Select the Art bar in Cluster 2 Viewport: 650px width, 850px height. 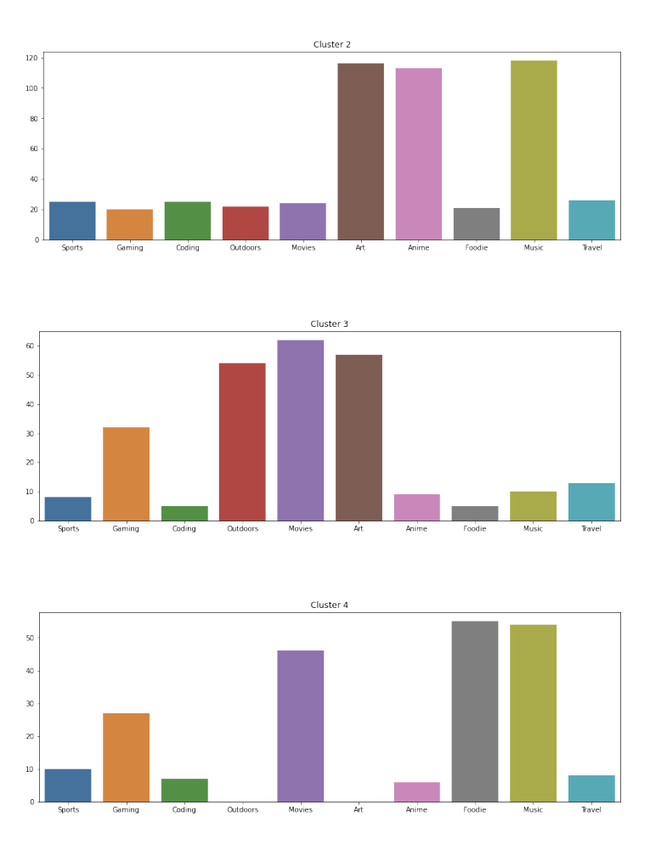(x=360, y=152)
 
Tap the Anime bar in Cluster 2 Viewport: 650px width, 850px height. (x=418, y=154)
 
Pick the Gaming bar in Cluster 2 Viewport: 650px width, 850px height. (x=130, y=224)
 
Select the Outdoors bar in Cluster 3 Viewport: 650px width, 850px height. (x=242, y=442)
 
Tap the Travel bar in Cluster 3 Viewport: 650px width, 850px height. (x=591, y=502)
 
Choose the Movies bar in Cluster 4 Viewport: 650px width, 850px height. (x=300, y=726)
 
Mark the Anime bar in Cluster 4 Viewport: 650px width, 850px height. (x=416, y=792)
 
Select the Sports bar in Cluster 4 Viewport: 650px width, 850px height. (x=68, y=785)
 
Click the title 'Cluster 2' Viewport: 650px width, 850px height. (x=331, y=44)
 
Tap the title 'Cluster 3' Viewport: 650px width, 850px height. (x=329, y=324)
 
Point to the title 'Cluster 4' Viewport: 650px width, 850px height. (x=329, y=605)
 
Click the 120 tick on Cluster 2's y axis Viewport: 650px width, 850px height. (x=31, y=58)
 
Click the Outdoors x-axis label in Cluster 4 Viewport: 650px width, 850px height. (x=242, y=810)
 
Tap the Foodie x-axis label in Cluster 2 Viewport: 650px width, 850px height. (x=476, y=248)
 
